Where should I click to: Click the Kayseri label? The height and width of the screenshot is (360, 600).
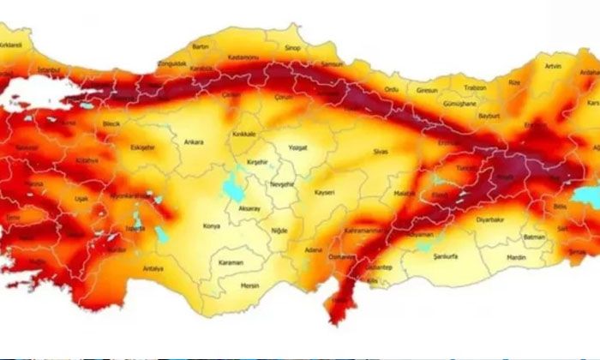pyautogui.click(x=324, y=192)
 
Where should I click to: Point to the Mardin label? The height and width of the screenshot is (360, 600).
pyautogui.click(x=516, y=256)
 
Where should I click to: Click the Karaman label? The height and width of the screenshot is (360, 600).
pyautogui.click(x=231, y=261)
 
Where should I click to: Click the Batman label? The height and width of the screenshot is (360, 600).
pyautogui.click(x=535, y=237)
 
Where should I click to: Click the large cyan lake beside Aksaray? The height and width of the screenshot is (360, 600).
pyautogui.click(x=232, y=187)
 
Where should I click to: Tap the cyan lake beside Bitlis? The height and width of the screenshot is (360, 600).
pyautogui.click(x=585, y=196)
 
